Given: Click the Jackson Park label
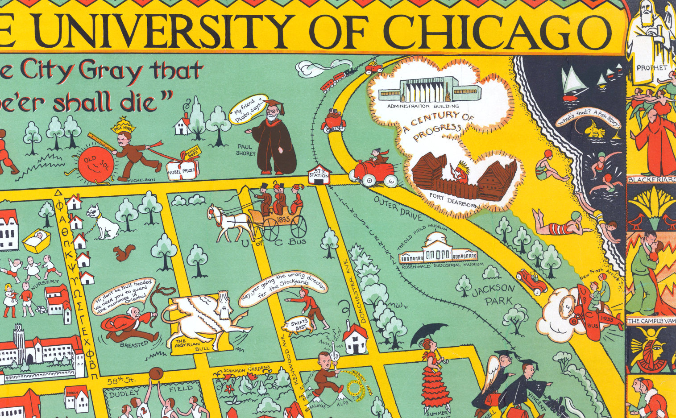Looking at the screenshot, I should [x=493, y=294].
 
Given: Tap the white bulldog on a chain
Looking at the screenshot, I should [x=103, y=222].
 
